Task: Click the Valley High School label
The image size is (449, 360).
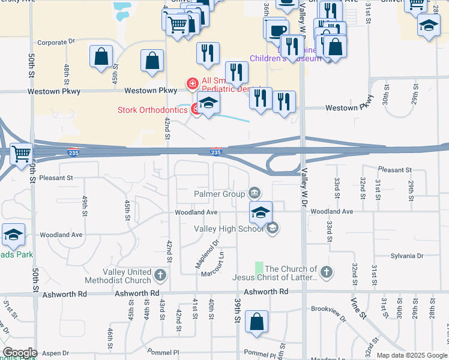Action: click(228, 228)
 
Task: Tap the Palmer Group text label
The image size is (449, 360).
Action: click(218, 194)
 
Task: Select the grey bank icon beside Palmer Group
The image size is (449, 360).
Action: click(254, 193)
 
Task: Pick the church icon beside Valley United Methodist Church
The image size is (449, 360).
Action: click(160, 275)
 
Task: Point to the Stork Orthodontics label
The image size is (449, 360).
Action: click(152, 110)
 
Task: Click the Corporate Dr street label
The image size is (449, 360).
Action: click(55, 43)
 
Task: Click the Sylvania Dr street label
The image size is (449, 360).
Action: click(406, 256)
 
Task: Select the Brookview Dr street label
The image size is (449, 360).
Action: click(328, 310)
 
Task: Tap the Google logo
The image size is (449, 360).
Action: click(19, 353)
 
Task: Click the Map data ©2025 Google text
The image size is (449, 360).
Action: click(411, 355)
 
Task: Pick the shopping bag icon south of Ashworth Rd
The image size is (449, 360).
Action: click(256, 320)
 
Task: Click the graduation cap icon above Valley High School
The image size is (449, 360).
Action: click(261, 212)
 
